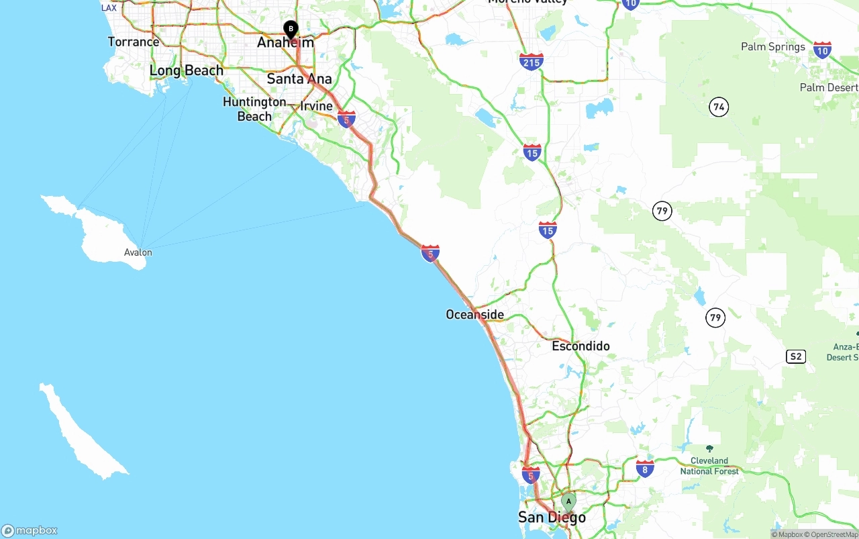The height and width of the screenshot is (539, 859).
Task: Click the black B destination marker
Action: (x=291, y=29)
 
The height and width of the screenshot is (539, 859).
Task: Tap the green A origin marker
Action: (x=568, y=501)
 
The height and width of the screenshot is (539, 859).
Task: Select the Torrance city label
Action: (x=134, y=42)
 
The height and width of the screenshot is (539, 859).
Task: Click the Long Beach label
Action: (x=187, y=70)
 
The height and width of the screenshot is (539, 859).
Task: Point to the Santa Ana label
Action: (x=299, y=79)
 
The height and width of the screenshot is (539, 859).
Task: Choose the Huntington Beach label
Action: (x=254, y=109)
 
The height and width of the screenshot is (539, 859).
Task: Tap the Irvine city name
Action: (x=316, y=106)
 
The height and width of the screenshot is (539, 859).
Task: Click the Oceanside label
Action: (x=474, y=314)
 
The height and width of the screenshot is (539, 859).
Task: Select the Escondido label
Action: (x=580, y=346)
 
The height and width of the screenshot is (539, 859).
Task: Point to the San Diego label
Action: (x=552, y=517)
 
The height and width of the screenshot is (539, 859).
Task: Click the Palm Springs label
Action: (x=772, y=47)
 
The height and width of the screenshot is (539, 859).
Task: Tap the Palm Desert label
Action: (x=829, y=88)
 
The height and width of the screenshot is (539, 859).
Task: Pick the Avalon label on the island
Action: (x=138, y=252)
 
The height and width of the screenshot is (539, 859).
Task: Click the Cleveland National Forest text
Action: (x=709, y=466)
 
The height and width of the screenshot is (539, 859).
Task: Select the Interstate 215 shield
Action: (x=531, y=62)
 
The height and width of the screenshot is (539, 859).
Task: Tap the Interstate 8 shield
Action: (x=645, y=468)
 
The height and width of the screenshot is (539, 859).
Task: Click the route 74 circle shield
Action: (x=719, y=107)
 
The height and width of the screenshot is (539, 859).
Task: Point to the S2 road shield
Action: (x=795, y=356)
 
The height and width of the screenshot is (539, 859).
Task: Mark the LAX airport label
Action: (x=109, y=8)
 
